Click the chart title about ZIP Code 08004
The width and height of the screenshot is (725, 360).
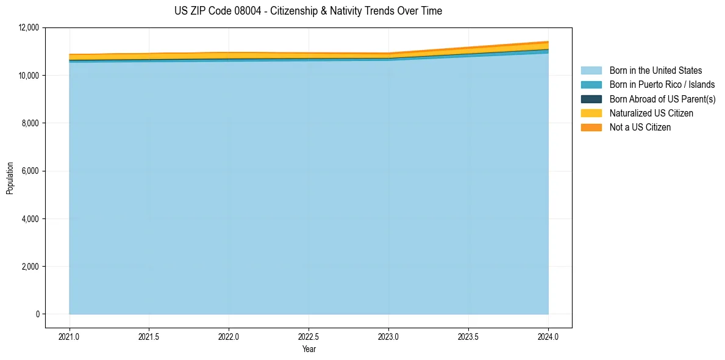[x=308, y=11]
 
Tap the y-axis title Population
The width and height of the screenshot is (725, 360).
[x=10, y=178]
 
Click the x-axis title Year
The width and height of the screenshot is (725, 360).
[x=309, y=349]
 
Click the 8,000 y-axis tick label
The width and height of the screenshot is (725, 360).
[x=29, y=123]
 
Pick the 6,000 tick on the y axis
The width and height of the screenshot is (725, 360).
[x=29, y=171]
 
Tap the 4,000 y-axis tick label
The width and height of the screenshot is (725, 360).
[x=29, y=218]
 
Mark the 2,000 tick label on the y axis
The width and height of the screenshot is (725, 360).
[x=29, y=267]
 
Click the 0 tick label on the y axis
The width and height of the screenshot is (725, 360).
[x=37, y=314]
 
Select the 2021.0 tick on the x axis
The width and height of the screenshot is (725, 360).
[x=70, y=336]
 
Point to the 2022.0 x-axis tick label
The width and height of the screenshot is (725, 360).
[x=229, y=336]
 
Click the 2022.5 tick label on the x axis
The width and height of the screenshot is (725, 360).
[x=309, y=336]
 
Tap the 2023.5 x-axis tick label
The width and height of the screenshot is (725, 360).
[x=468, y=336]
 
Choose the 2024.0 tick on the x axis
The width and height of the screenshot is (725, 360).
[x=548, y=336]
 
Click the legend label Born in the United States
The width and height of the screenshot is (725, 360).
[x=655, y=71]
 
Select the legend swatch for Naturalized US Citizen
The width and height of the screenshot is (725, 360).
[x=591, y=113]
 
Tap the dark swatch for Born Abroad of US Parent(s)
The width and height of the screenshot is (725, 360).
[x=591, y=99]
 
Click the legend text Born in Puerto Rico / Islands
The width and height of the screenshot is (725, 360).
[x=662, y=85]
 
